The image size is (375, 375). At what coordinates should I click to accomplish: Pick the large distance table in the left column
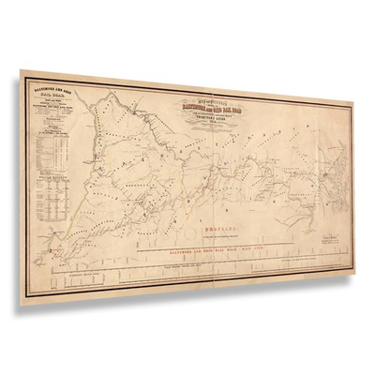click(48, 163)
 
